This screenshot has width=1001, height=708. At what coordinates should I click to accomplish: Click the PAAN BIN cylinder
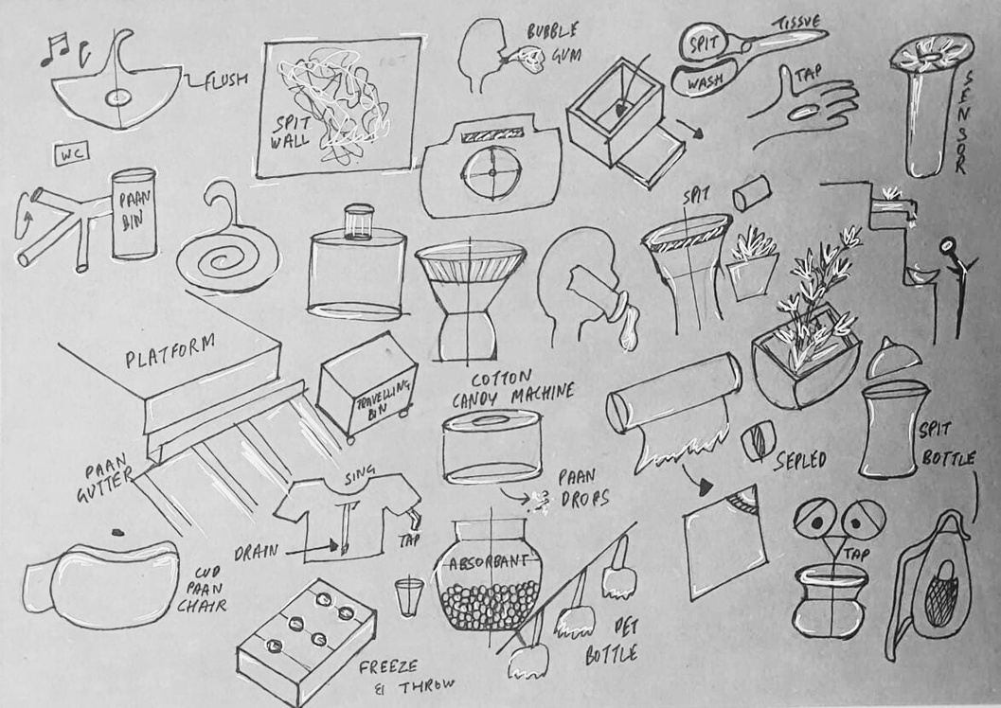tap(133, 214)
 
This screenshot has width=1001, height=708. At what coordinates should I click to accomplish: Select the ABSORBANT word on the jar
tap(490, 561)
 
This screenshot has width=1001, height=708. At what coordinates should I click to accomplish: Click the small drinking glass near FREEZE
tap(406, 596)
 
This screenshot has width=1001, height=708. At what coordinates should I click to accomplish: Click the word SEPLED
tap(800, 460)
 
